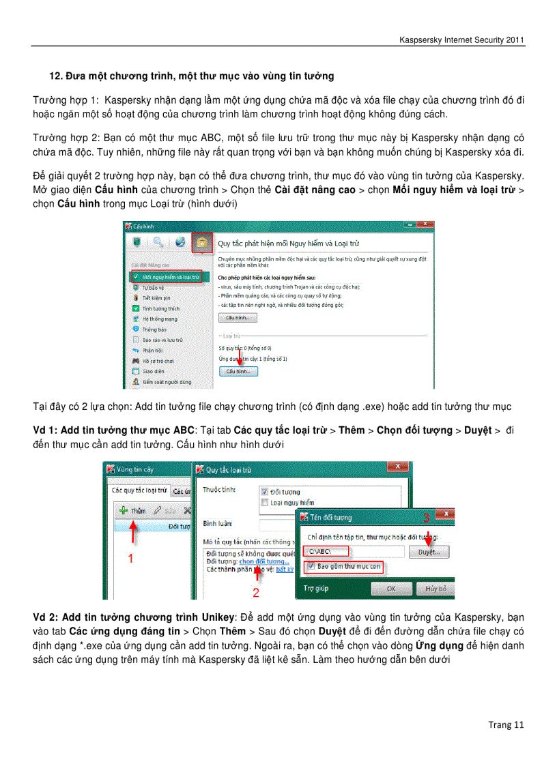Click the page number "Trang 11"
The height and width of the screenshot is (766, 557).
click(506, 724)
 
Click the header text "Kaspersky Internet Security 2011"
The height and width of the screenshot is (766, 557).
click(461, 40)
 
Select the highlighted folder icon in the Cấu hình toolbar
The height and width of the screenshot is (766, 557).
click(201, 242)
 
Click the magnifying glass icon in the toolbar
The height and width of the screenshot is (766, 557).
click(158, 242)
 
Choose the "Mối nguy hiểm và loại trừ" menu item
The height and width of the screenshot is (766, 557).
click(166, 277)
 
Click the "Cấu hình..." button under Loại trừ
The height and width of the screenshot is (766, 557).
click(238, 371)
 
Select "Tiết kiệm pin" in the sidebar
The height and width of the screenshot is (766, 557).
click(156, 298)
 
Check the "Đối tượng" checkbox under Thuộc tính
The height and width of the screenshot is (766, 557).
click(263, 491)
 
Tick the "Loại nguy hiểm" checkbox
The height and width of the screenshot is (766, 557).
click(263, 503)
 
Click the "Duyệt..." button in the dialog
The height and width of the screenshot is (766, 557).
click(429, 550)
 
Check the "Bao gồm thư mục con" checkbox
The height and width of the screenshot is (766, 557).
click(311, 566)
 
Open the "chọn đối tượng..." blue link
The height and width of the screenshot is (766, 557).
click(264, 561)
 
